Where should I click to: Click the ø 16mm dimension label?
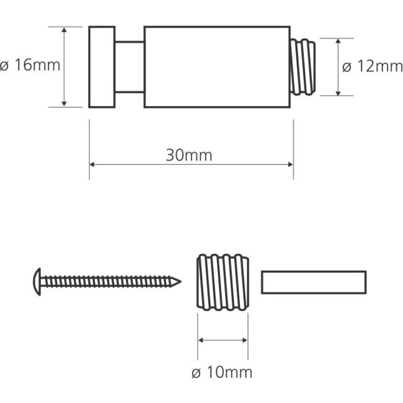tap(30, 65)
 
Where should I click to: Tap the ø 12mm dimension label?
tap(373, 66)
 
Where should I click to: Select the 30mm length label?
tap(189, 155)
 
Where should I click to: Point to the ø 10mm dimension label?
tap(222, 373)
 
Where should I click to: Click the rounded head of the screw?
tap(37, 281)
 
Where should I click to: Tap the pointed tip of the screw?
tap(180, 281)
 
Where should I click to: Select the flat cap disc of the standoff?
tap(102, 67)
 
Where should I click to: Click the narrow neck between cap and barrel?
tap(130, 67)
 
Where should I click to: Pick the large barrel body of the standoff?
tap(217, 67)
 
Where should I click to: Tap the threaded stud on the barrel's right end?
tap(303, 67)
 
